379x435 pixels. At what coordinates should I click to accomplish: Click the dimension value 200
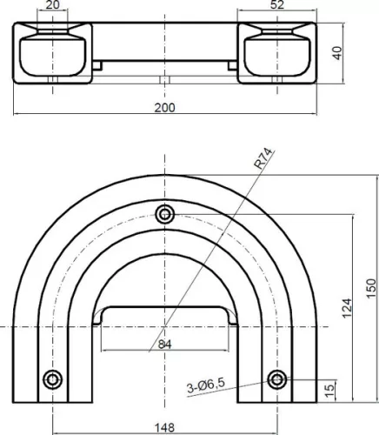(165, 107)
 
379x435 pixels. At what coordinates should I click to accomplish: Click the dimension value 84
(165, 344)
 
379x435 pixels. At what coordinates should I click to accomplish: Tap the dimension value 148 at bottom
(165, 427)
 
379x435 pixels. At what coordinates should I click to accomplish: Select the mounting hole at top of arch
(165, 214)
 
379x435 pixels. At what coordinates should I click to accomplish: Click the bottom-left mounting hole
(54, 378)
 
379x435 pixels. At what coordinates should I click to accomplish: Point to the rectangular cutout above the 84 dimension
(165, 314)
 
